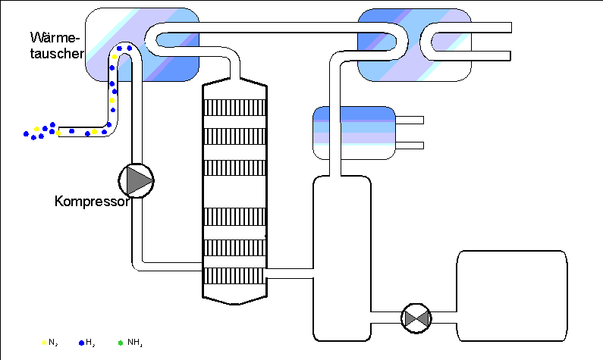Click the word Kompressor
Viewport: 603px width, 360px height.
coord(92,202)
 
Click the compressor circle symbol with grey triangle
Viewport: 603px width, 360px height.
coord(136,180)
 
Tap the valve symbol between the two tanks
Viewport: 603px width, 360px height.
coord(416,318)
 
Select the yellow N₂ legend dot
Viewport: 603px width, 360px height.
coord(44,343)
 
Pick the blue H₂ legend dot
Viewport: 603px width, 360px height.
coord(81,343)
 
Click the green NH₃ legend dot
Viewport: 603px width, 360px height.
coord(121,343)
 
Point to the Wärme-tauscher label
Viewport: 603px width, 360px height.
coord(56,45)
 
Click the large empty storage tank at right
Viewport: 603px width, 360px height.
coord(512,296)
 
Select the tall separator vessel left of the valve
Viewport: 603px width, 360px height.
coord(342,258)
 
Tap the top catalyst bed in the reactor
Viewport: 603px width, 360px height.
coord(234,108)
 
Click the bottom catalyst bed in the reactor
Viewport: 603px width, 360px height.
coord(234,276)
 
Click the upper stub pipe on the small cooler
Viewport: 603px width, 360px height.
coord(410,121)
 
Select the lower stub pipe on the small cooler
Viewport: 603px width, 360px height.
coord(410,146)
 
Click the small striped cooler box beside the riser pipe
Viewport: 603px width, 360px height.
coord(354,133)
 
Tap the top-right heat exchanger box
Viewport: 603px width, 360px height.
coord(415,45)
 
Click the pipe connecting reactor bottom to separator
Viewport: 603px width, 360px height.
coord(290,273)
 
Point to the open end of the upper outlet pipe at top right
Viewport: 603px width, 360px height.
coord(511,27)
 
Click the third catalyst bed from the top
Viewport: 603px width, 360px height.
coord(234,168)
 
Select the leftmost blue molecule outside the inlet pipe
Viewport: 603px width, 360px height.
coord(26,133)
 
